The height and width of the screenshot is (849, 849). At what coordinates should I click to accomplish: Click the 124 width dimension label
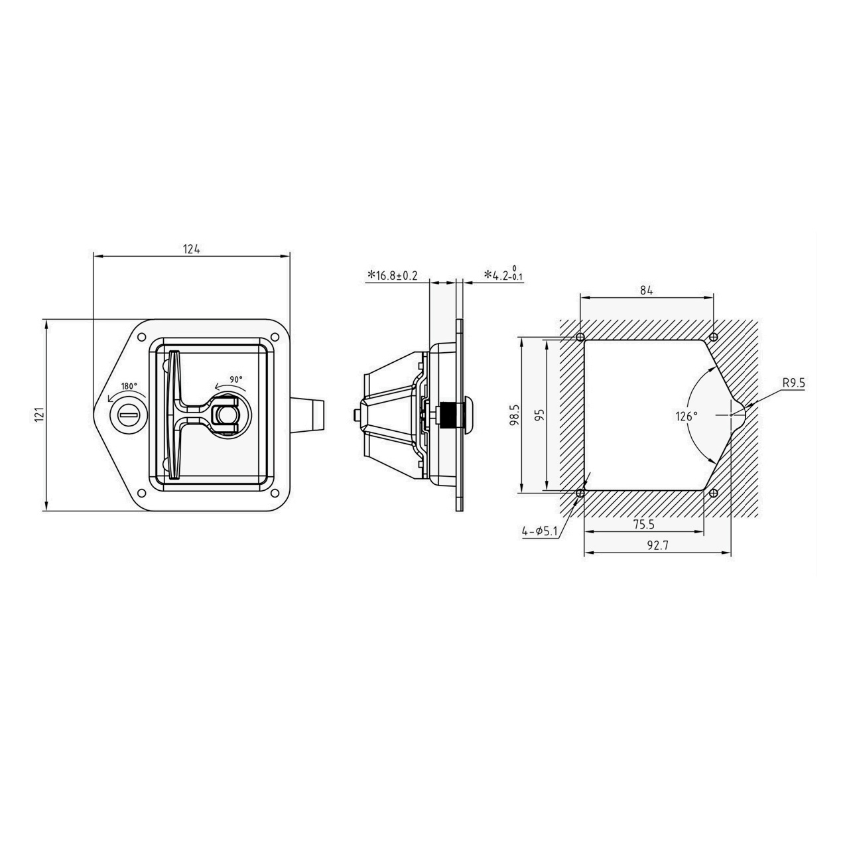[x=191, y=249]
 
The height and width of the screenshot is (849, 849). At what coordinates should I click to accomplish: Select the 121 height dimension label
[x=39, y=415]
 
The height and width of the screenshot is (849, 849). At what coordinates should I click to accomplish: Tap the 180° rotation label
[x=129, y=386]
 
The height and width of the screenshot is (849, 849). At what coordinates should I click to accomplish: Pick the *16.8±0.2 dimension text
[x=393, y=276]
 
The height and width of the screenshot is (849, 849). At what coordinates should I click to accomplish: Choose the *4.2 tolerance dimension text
[x=504, y=273]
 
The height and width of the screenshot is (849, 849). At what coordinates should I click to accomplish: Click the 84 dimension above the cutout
[x=646, y=291]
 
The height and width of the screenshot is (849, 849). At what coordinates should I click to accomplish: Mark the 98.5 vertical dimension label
[x=515, y=415]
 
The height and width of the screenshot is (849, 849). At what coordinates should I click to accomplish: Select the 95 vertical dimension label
[x=540, y=415]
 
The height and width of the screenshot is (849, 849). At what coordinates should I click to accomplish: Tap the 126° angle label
[x=686, y=416]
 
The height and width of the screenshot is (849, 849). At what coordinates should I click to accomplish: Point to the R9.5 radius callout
[x=794, y=383]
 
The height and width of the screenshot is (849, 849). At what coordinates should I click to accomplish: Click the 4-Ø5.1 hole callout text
[x=540, y=532]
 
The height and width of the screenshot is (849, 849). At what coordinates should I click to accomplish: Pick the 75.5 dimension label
[x=644, y=524]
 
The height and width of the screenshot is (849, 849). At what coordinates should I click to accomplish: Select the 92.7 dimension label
[x=658, y=545]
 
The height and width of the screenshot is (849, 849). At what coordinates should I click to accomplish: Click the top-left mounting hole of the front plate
[x=142, y=338]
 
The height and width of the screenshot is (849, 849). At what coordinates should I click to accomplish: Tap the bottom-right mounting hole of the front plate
[x=275, y=492]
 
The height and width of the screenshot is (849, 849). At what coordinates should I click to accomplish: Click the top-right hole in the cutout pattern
[x=713, y=338]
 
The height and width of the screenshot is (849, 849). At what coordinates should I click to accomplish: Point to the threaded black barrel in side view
[x=447, y=415]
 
